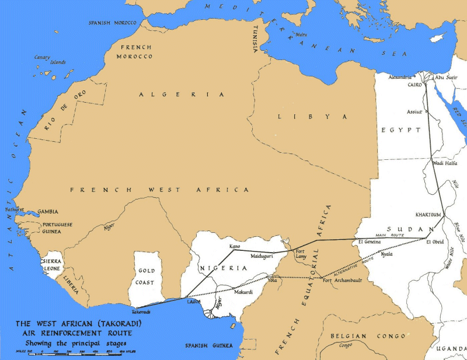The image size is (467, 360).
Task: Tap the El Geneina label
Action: [370, 242]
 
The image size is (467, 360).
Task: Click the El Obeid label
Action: [435, 242]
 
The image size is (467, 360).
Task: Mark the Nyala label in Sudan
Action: [386, 254]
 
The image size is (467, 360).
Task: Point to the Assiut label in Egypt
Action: [414, 111]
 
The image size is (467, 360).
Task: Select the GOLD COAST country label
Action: [145, 277]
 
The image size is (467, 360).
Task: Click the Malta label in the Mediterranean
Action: [301, 34]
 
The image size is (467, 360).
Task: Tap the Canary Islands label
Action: [43, 59]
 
